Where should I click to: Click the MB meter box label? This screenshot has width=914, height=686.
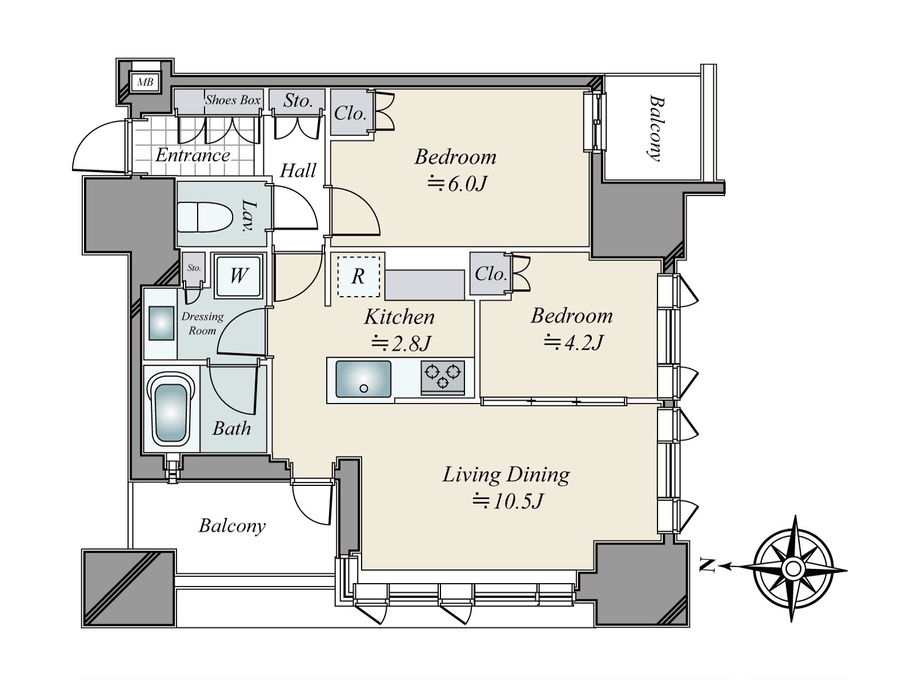pyautogui.click(x=145, y=82)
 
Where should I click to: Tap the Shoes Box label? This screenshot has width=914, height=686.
pyautogui.click(x=232, y=100)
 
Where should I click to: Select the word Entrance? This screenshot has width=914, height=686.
pyautogui.click(x=193, y=155)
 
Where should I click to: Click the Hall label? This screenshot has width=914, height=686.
pyautogui.click(x=298, y=171)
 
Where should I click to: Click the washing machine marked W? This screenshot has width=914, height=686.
pyautogui.click(x=239, y=276)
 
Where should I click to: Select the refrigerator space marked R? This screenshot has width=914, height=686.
pyautogui.click(x=359, y=276)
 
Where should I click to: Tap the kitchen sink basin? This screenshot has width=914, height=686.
pyautogui.click(x=363, y=379)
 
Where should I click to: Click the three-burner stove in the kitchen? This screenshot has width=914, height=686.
pyautogui.click(x=442, y=377)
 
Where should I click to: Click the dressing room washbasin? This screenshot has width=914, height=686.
pyautogui.click(x=161, y=323)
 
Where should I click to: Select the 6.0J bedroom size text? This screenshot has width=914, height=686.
pyautogui.click(x=457, y=184)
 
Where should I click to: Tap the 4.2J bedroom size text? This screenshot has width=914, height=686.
pyautogui.click(x=574, y=342)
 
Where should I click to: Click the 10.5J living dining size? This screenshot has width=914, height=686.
pyautogui.click(x=508, y=501)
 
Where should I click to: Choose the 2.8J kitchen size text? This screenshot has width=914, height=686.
pyautogui.click(x=401, y=344)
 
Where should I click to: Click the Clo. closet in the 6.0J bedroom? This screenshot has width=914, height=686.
pyautogui.click(x=351, y=113)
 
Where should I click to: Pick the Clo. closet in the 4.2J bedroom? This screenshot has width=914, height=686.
pyautogui.click(x=491, y=274)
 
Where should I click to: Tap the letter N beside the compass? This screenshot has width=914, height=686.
pyautogui.click(x=707, y=565)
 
